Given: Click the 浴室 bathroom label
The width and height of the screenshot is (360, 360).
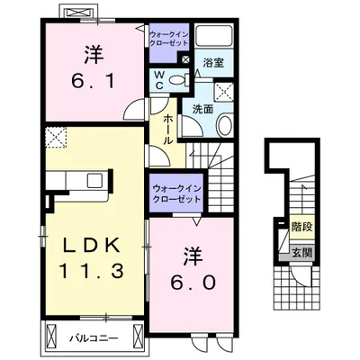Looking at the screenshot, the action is click(x=213, y=63).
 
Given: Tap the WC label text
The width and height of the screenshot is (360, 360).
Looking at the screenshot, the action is click(x=158, y=80).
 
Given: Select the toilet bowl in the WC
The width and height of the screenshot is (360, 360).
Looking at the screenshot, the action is click(x=179, y=80).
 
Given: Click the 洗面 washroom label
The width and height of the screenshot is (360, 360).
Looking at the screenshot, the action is click(x=202, y=109).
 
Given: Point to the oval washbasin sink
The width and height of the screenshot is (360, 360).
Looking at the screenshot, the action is click(x=224, y=126).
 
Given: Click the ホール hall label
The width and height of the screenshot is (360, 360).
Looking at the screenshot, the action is click(x=168, y=130).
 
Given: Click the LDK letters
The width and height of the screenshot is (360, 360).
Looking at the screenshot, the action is click(x=93, y=246).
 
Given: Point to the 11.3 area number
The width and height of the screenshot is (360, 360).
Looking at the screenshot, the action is click(x=93, y=271).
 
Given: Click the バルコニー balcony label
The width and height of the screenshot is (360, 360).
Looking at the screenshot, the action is click(x=94, y=339).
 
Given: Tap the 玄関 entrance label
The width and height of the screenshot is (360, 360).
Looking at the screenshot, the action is click(x=302, y=253).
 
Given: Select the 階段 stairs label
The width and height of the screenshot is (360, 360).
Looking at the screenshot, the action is click(x=302, y=227).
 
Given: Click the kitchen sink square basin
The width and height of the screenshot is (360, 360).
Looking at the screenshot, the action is click(x=95, y=180).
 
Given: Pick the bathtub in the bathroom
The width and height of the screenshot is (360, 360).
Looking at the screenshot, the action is click(x=214, y=36).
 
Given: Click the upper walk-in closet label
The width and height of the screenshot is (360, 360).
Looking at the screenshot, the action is click(x=168, y=39).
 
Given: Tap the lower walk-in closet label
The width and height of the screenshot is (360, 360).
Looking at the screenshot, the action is click(x=176, y=194).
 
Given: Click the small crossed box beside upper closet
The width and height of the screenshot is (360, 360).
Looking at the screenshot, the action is click(x=185, y=59).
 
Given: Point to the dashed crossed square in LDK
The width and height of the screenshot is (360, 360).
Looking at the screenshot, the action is click(x=56, y=137).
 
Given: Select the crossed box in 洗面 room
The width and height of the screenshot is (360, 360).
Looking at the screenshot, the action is click(x=224, y=92).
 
